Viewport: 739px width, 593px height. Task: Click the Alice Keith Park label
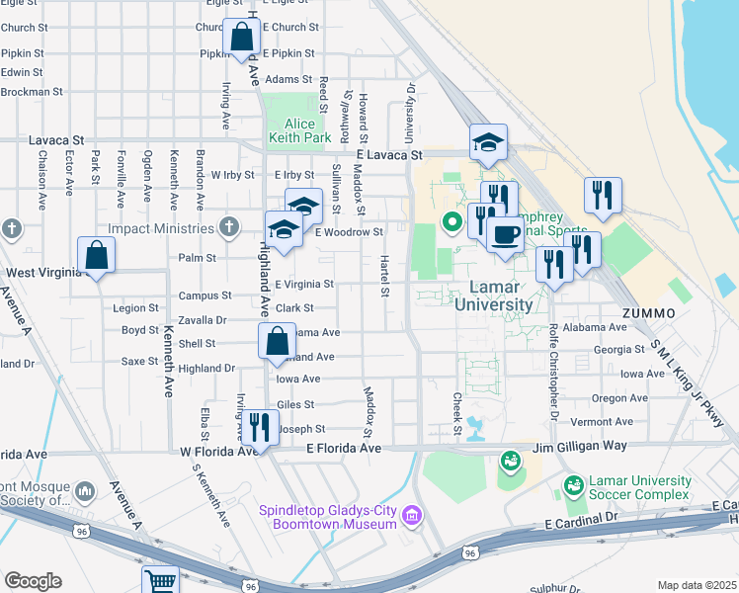pyautogui.click(x=300, y=130)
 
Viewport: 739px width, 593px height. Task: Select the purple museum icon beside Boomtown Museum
pyautogui.click(x=412, y=515)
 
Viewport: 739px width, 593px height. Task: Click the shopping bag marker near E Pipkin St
pyautogui.click(x=242, y=38)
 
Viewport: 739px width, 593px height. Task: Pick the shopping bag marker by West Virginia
pyautogui.click(x=97, y=256)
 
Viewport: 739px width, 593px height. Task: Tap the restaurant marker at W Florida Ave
pyautogui.click(x=258, y=428)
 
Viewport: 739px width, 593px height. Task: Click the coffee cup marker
pyautogui.click(x=505, y=235)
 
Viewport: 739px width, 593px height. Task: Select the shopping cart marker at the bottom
pyautogui.click(x=159, y=580)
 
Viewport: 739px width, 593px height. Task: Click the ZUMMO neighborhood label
pyautogui.click(x=648, y=313)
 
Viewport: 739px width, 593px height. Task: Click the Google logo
pyautogui.click(x=33, y=581)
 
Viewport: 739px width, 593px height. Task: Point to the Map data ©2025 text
pyautogui.click(x=696, y=585)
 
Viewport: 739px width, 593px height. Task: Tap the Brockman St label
pyautogui.click(x=32, y=91)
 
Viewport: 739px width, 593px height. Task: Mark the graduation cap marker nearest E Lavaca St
pyautogui.click(x=488, y=142)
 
